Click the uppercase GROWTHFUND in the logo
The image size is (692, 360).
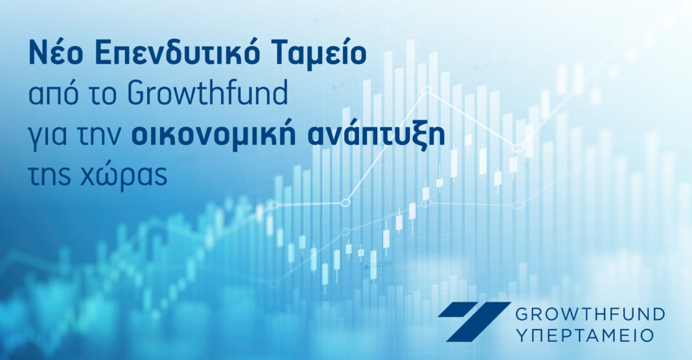(x=590, y=315)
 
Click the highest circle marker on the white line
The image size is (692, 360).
(x=426, y=91)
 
